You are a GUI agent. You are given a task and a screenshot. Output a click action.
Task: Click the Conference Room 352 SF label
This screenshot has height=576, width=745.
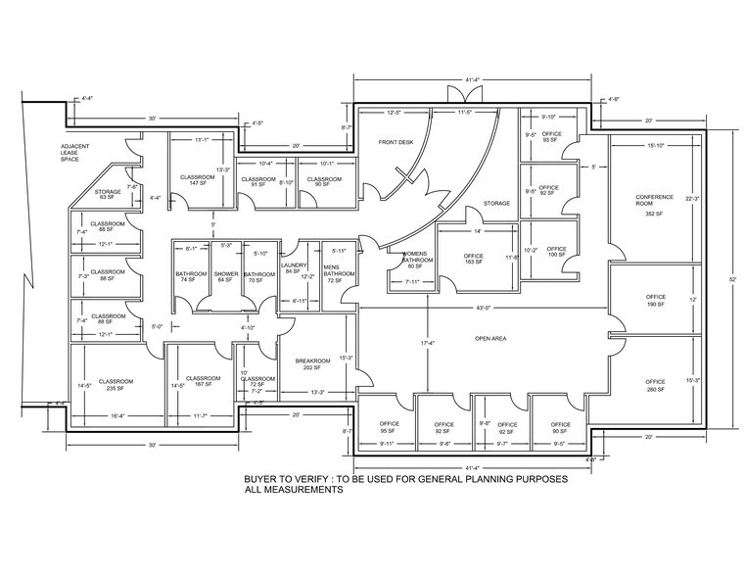(x=654, y=205)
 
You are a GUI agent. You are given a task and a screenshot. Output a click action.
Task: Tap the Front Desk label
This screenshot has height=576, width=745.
(x=397, y=143)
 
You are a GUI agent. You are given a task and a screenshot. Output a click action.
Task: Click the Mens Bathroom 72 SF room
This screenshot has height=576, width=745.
(x=339, y=272)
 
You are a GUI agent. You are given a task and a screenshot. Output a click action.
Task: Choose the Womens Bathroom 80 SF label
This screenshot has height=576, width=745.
(x=414, y=258)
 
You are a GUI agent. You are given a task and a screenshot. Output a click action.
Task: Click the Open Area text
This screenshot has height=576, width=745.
(x=489, y=339)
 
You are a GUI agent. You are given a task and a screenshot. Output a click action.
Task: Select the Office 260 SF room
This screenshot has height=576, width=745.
(x=655, y=385)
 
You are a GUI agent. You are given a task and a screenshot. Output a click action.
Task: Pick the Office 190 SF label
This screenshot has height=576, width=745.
(x=655, y=301)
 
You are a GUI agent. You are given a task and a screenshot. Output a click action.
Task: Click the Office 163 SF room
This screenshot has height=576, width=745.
(x=474, y=260)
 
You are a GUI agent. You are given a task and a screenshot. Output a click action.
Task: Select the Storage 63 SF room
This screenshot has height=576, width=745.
(x=107, y=194)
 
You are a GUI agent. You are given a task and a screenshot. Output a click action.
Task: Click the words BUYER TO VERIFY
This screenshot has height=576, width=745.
(x=291, y=481)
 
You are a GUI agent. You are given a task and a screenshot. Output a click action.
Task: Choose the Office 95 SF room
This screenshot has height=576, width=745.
(x=389, y=427)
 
